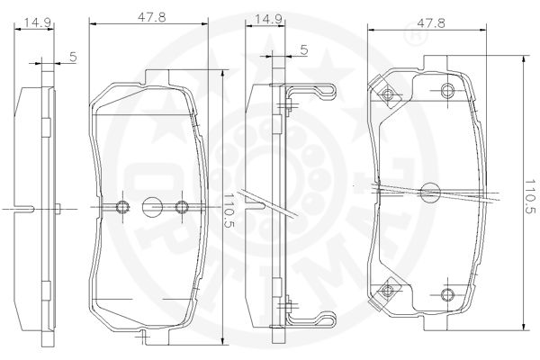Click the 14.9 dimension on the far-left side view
pos(38,22)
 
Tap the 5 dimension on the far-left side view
pos(73,57)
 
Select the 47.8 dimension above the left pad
pos(152,17)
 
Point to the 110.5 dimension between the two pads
pos(229,211)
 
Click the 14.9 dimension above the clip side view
pos(268,19)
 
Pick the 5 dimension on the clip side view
pos(303,49)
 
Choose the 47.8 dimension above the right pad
pos(431,22)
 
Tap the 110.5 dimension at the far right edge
pos(531,197)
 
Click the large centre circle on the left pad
pos(152,207)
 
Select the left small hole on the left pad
pos(122,207)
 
